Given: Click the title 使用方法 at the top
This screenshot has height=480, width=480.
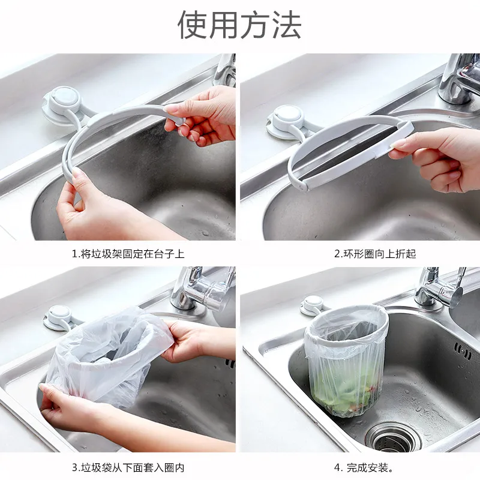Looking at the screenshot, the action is coord(239,25).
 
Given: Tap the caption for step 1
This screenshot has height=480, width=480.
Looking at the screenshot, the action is coord(128,254).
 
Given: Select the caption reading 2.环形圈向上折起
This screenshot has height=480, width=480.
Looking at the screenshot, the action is coord(375,254).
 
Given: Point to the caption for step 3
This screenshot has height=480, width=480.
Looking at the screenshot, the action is coord(128,468).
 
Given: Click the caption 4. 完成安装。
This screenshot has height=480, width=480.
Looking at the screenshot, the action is coord(364,468).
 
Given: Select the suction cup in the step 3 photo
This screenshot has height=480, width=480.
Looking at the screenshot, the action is coord(59,317).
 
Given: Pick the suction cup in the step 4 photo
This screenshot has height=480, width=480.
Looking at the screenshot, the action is coord(313,305).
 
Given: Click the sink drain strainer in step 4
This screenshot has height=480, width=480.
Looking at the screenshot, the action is coord(393,439).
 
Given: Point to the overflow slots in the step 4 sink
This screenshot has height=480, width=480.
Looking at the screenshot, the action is coord(462,351).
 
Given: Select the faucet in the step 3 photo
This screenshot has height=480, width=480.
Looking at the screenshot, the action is coord(202,288).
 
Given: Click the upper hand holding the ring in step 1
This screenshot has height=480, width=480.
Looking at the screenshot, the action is coord(200,115).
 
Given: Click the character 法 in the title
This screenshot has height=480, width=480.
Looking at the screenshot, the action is coord(287,25).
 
